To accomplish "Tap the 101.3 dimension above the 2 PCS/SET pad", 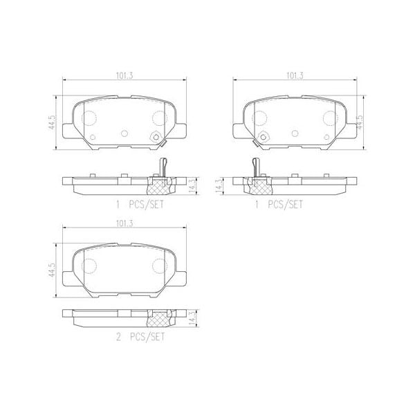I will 124,223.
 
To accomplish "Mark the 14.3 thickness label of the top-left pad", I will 193,185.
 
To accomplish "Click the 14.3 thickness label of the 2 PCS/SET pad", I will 193,318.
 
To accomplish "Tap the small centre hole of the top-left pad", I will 124,134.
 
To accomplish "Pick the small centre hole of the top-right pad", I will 295,134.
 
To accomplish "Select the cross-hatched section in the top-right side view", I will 260,185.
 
